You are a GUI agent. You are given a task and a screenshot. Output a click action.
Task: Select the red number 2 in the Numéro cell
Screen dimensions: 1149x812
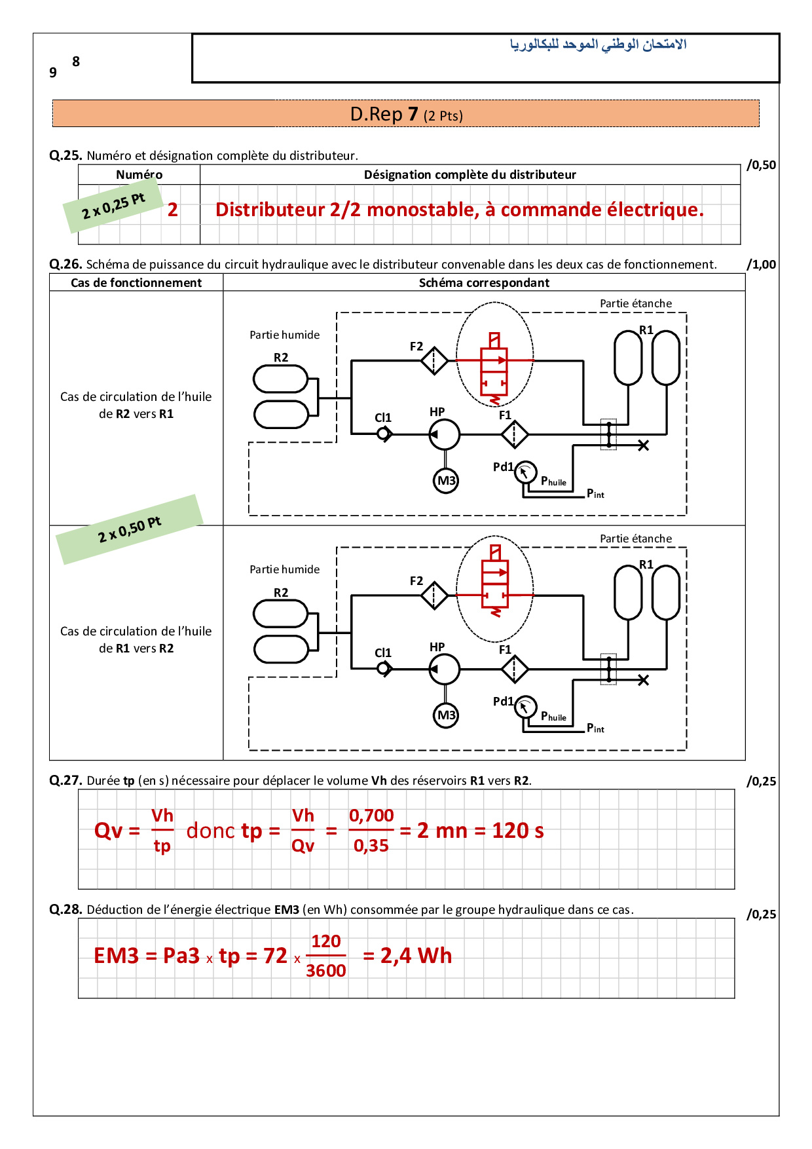pyautogui.click(x=173, y=210)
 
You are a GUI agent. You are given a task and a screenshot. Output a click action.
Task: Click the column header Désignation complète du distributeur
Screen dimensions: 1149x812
pyautogui.click(x=470, y=175)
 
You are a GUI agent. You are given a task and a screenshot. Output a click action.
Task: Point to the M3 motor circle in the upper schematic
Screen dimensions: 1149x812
pyautogui.click(x=446, y=481)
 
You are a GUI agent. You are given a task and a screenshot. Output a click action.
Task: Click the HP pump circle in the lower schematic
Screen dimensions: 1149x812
pyautogui.click(x=445, y=669)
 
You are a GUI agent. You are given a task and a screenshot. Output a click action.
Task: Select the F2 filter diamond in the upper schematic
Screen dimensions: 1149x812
pyautogui.click(x=434, y=360)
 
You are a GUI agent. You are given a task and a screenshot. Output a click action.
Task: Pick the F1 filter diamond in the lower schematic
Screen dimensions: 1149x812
pyautogui.click(x=515, y=669)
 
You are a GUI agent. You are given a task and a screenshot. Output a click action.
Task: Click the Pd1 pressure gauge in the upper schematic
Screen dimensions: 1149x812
pyautogui.click(x=525, y=472)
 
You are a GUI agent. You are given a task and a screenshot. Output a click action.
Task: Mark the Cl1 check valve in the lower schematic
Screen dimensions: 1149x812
pyautogui.click(x=384, y=669)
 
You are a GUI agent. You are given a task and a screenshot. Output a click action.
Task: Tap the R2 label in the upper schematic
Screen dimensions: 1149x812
pyautogui.click(x=281, y=358)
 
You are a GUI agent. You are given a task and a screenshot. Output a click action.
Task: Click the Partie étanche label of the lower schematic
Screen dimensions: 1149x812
pyautogui.click(x=635, y=538)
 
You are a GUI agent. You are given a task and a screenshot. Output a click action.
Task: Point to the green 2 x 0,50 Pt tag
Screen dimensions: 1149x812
pyautogui.click(x=130, y=530)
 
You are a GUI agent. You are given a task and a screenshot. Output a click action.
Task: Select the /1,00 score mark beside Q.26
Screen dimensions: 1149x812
pyautogui.click(x=761, y=265)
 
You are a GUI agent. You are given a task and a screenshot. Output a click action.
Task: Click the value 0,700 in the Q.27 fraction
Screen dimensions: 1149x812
pyautogui.click(x=371, y=816)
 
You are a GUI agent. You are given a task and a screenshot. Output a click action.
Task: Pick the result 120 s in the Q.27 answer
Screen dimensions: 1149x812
pyautogui.click(x=517, y=831)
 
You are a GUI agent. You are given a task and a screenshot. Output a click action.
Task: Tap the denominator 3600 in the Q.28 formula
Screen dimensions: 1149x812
pyautogui.click(x=325, y=971)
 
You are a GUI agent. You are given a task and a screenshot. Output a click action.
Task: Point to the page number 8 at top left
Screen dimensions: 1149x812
pyautogui.click(x=76, y=62)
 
